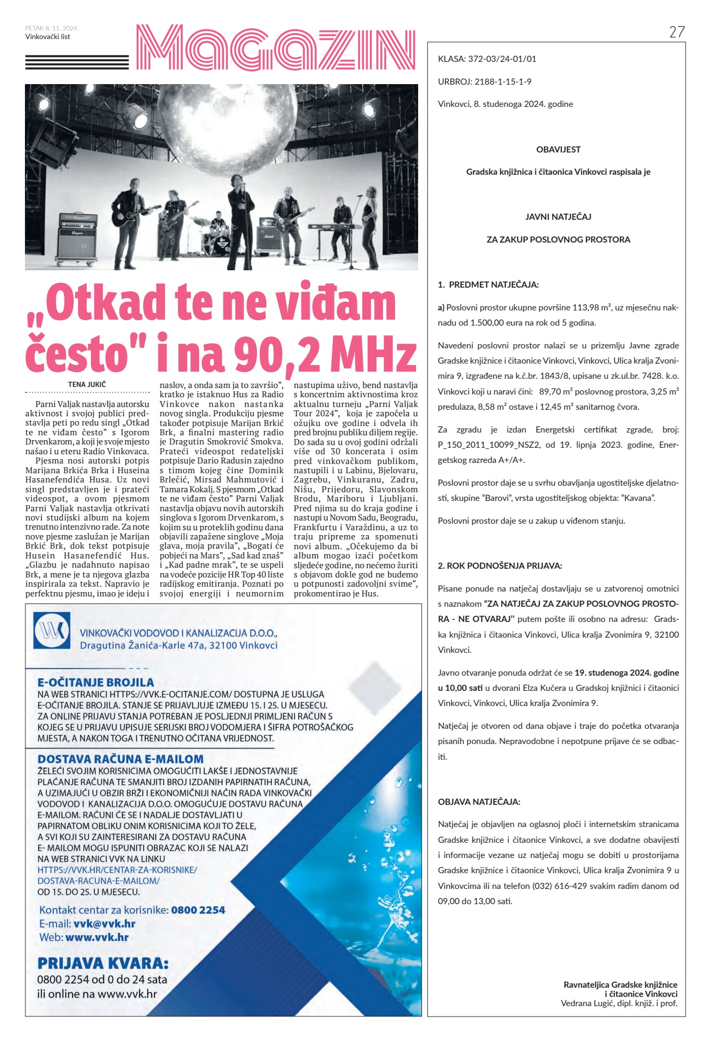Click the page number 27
[x=677, y=32]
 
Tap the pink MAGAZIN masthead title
[x=276, y=47]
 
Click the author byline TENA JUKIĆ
[x=87, y=384]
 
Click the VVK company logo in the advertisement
[x=52, y=630]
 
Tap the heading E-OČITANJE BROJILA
[x=95, y=682]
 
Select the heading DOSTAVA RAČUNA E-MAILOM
[x=120, y=759]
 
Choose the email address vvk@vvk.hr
[x=104, y=924]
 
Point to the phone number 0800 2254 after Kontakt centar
[x=198, y=910]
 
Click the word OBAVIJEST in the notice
[x=558, y=149]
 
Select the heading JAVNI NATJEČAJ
[x=558, y=217]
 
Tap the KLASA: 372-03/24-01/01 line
[x=487, y=59]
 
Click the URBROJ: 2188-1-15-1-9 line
[x=484, y=81]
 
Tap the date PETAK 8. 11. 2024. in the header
[x=52, y=28]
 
